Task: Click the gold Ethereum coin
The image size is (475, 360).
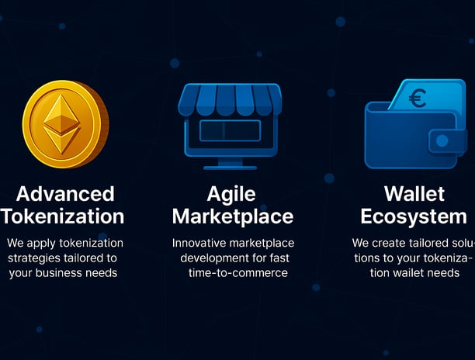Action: tap(65, 124)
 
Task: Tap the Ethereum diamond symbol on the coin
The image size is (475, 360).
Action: tap(62, 124)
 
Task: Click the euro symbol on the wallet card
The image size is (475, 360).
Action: tap(418, 98)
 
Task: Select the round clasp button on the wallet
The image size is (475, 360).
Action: tap(442, 140)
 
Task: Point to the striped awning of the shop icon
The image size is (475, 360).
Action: tap(230, 99)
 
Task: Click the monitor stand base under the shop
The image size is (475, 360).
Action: tap(231, 168)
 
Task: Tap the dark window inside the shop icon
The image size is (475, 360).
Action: tap(231, 130)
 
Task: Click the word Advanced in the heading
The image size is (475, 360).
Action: tap(65, 194)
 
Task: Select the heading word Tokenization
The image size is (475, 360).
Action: tap(62, 216)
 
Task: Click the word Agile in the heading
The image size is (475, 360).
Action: tap(231, 195)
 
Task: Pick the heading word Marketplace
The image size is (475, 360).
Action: tap(233, 217)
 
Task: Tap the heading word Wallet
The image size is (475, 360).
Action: tap(414, 194)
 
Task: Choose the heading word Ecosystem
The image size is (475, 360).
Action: tap(414, 217)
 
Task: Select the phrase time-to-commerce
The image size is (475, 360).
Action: tap(238, 273)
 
